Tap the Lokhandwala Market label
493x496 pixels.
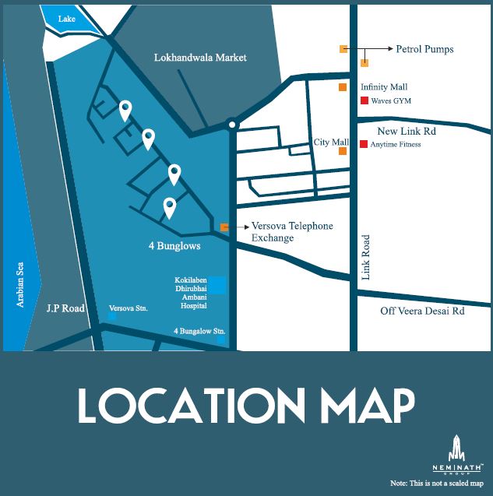[x=200, y=58]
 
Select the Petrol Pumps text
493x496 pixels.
[x=424, y=49]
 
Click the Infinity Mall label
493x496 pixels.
[x=384, y=87]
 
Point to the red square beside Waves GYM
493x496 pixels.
[x=364, y=101]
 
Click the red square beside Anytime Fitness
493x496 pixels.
[x=364, y=144]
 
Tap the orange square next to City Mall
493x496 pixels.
[x=343, y=151]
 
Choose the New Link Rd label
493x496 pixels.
[x=407, y=131]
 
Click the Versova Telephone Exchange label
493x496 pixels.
[x=291, y=231]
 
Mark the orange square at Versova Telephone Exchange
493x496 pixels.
[x=224, y=227]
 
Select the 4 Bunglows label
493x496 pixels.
[x=174, y=246]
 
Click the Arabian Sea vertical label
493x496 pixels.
[x=22, y=284]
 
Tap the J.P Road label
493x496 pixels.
[x=65, y=308]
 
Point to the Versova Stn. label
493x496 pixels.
[x=128, y=309]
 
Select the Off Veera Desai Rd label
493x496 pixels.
[x=422, y=311]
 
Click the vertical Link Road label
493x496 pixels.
[x=367, y=258]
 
